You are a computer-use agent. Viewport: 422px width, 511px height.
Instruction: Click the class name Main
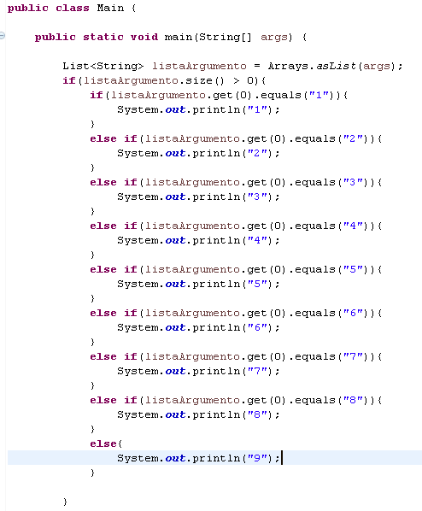tap(110, 8)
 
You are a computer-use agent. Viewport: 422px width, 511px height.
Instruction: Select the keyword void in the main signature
tap(144, 37)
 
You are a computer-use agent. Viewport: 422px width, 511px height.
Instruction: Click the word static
tap(103, 37)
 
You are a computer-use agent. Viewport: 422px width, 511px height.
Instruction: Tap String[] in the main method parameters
tap(226, 37)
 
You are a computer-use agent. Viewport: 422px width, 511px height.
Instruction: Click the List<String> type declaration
tap(103, 66)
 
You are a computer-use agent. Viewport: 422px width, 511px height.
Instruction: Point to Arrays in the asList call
tap(288, 67)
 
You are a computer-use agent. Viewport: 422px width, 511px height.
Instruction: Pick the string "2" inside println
tap(258, 153)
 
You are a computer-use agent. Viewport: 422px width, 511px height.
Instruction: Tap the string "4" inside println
tap(258, 240)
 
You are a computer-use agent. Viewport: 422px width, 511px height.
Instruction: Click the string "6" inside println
tap(258, 327)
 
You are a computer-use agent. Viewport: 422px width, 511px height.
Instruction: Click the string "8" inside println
tap(258, 414)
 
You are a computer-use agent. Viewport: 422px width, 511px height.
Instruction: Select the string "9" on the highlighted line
tap(258, 458)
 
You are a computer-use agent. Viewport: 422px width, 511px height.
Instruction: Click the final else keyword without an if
tap(103, 443)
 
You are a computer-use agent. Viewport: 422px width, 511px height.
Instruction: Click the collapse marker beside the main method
tap(3, 36)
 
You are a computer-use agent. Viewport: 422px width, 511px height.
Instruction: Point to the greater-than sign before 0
tap(237, 81)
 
